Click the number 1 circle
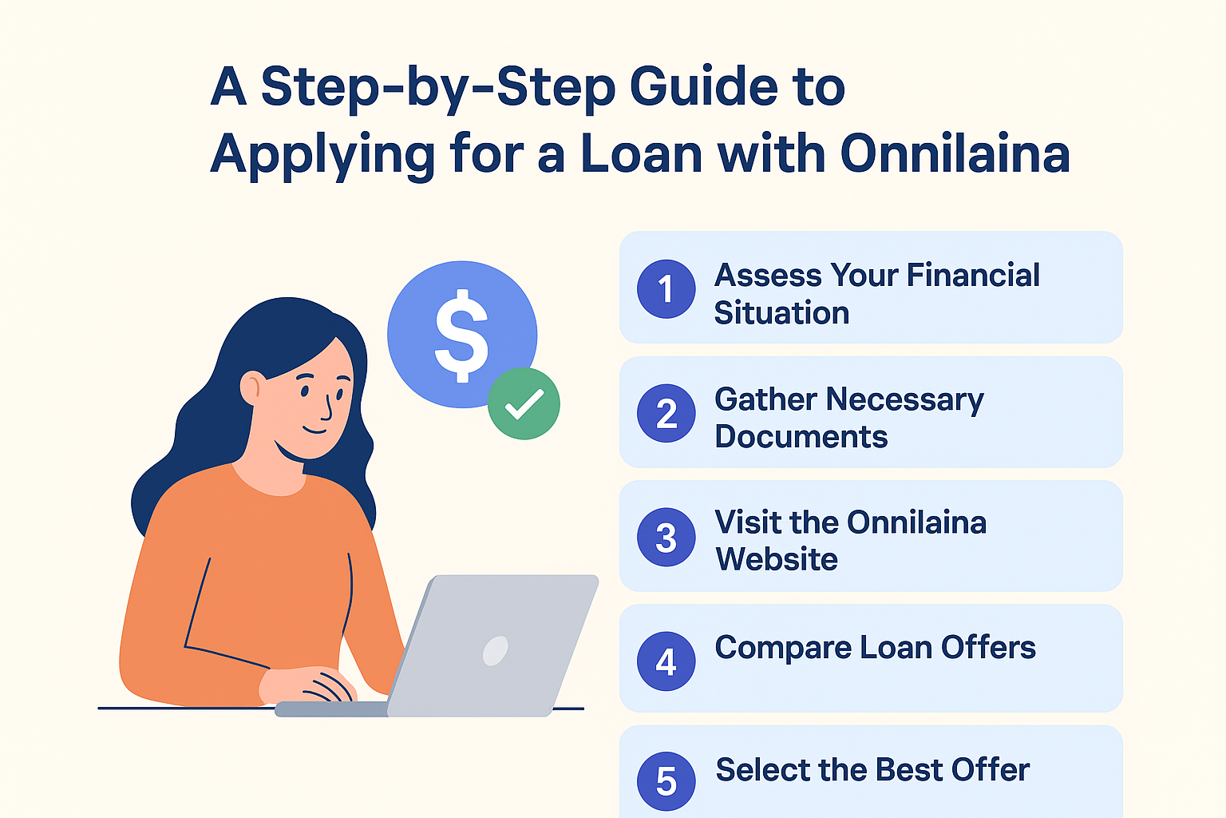point(666,288)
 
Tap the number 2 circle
point(666,413)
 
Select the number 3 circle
point(666,537)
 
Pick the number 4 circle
point(666,661)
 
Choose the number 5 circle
point(666,781)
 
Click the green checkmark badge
point(524,403)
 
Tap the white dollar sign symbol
point(461,336)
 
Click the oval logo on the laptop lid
point(496,651)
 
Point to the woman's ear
point(250,388)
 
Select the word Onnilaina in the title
point(955,154)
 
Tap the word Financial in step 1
point(973,275)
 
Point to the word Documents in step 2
point(801,437)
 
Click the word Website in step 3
point(776,559)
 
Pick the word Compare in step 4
point(783,649)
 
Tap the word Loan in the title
point(641,154)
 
